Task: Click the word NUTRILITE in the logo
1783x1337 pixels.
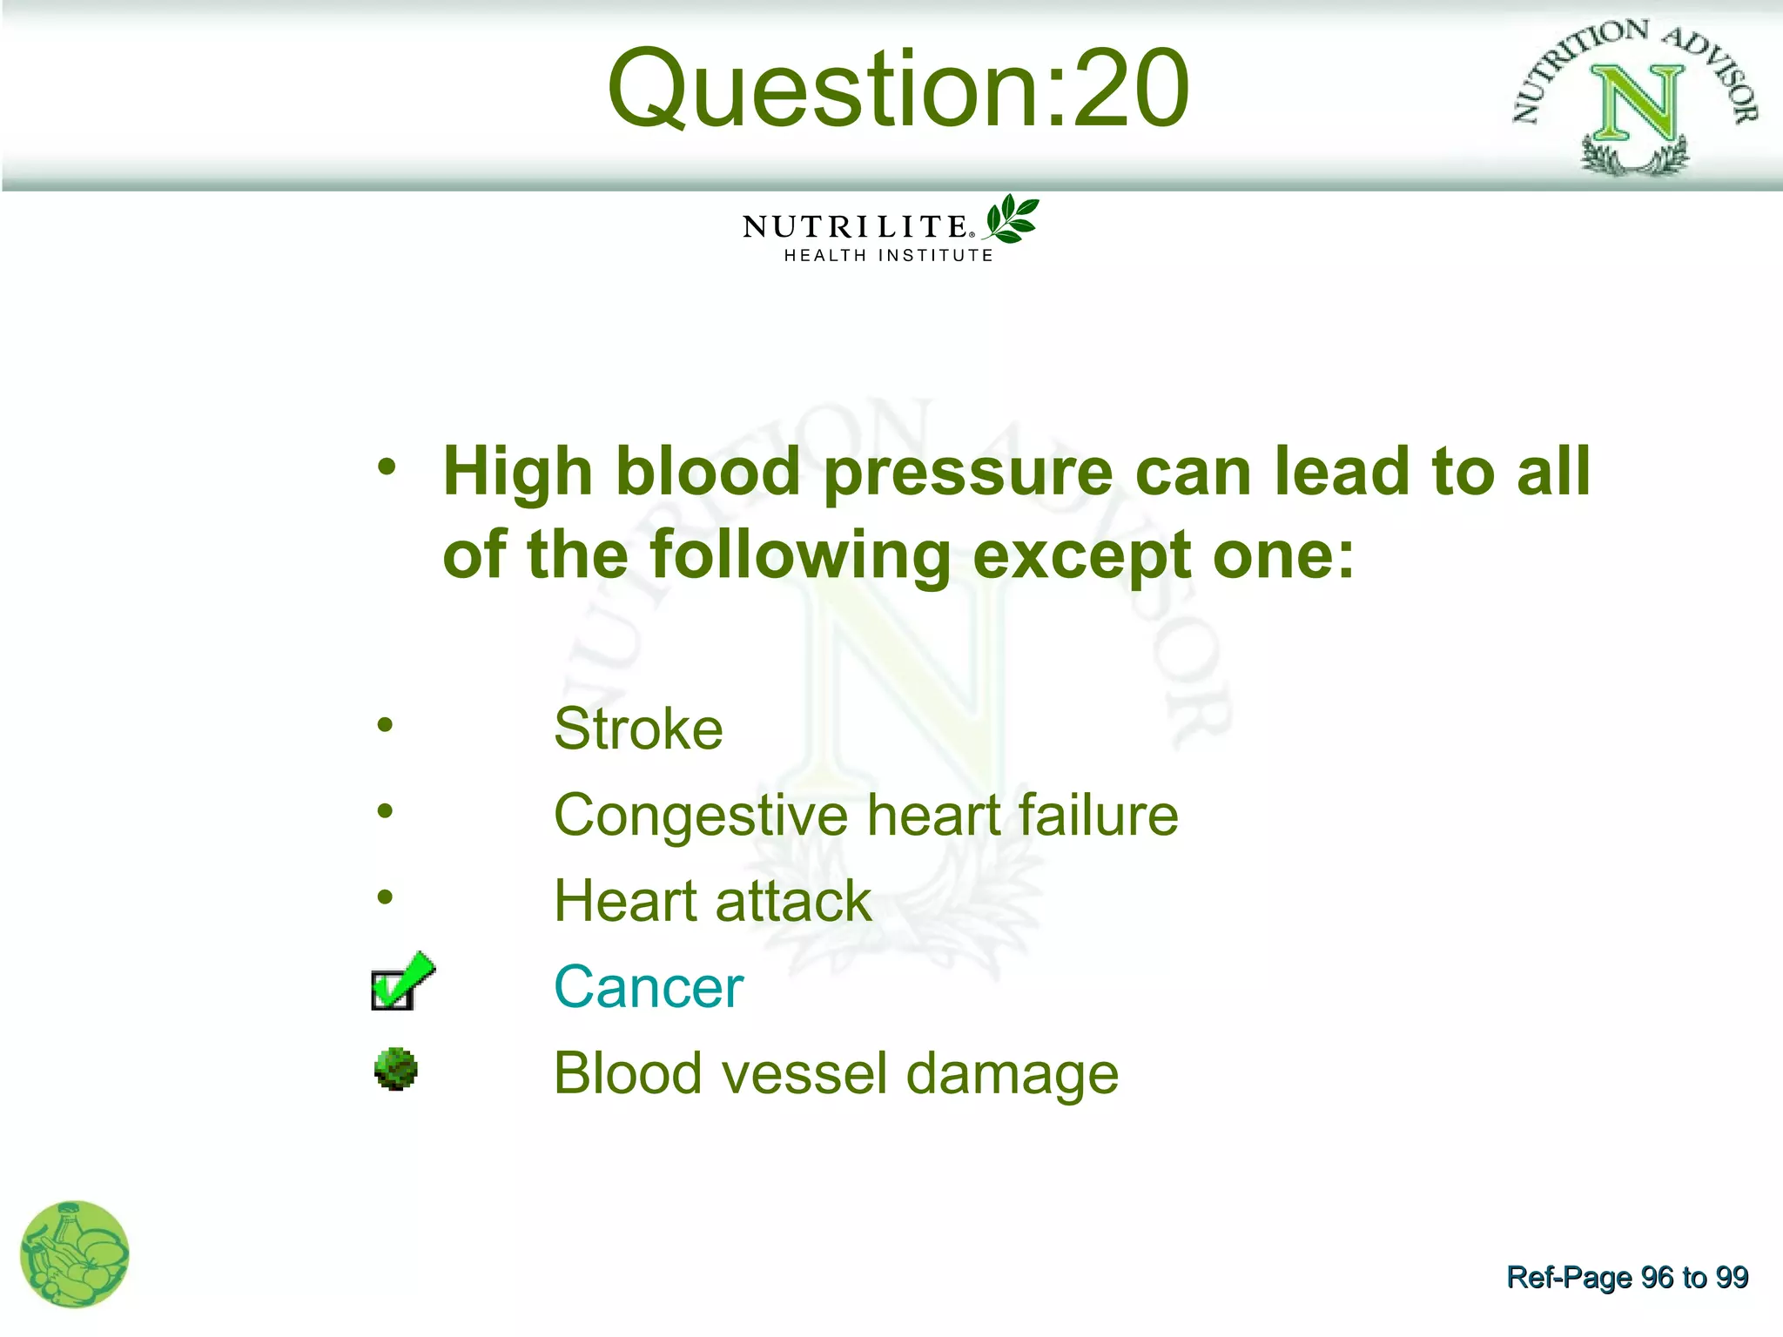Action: (855, 227)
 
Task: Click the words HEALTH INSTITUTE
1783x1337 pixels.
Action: (888, 256)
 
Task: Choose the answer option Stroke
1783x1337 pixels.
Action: (638, 729)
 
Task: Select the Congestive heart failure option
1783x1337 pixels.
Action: (865, 815)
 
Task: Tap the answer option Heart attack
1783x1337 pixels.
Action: (712, 900)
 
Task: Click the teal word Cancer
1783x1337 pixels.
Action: (649, 987)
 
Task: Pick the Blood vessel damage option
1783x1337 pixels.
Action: (836, 1073)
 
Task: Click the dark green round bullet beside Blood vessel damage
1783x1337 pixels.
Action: (396, 1069)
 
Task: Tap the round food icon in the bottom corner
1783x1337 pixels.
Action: (75, 1254)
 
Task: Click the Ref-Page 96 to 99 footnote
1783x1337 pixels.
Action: (1626, 1277)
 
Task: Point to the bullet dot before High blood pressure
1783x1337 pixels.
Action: (387, 467)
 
